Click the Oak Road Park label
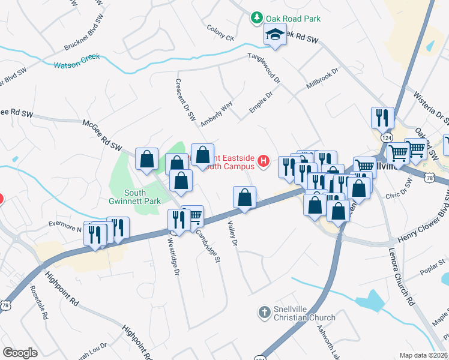[294, 19]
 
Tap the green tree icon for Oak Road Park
[257, 19]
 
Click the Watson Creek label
[76, 62]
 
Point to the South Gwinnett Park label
[135, 197]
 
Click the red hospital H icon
[262, 161]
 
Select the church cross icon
[263, 312]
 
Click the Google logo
[20, 353]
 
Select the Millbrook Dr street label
[322, 79]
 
